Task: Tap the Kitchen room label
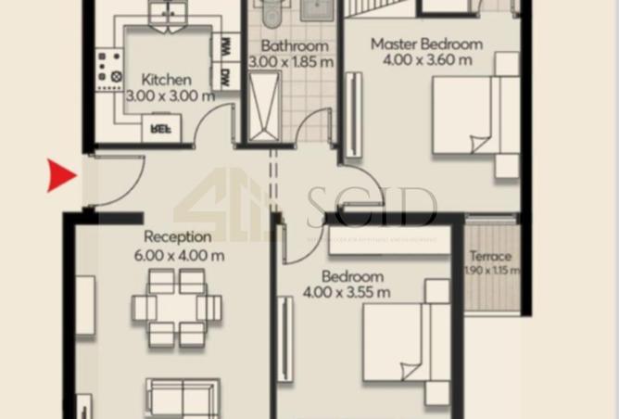167,80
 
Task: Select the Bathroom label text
294,45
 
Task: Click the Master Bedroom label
426,44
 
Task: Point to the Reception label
177,237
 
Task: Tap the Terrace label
490,256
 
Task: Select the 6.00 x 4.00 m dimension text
183,255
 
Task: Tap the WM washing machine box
226,45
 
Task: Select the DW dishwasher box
226,78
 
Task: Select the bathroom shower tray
262,107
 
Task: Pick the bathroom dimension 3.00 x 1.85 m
293,62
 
